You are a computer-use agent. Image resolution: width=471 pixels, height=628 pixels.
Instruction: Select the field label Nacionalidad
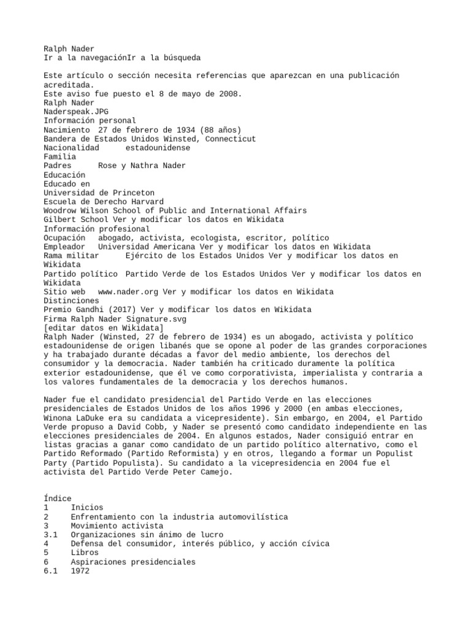point(71,148)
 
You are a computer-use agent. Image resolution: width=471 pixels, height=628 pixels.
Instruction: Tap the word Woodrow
point(59,210)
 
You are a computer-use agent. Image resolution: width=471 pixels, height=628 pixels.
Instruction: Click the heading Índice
point(58,499)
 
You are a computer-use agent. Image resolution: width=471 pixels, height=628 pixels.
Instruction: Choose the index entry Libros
point(85,553)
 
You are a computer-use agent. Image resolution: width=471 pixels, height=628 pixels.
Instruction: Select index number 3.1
point(51,535)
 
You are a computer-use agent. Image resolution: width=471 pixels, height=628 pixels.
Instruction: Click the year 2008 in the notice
point(231,94)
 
